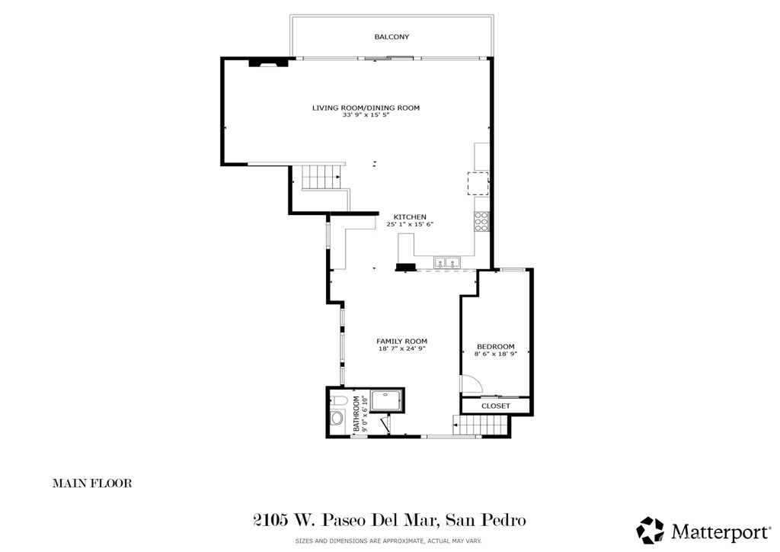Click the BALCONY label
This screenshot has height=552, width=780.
392,37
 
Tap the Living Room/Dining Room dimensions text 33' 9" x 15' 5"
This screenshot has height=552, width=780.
366,115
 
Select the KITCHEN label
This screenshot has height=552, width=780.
409,217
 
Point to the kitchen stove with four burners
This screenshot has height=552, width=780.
481,221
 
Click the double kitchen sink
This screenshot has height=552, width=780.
446,262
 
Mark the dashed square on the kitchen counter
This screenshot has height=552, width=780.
478,184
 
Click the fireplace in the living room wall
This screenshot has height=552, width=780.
270,63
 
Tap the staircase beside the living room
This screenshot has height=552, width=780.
320,178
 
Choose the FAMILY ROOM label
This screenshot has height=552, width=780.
401,341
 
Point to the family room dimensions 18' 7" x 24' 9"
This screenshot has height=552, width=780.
401,349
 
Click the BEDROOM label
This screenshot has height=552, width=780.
495,346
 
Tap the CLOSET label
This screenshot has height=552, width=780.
495,406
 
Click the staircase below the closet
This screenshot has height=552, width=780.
468,425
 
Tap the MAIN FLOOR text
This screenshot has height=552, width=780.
92,483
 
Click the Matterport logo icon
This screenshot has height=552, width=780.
650,530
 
